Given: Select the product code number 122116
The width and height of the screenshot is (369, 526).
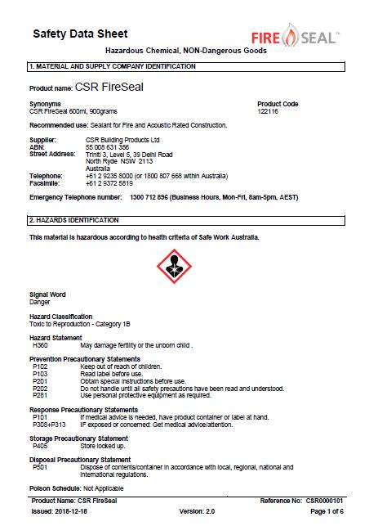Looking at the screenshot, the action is click(x=269, y=111).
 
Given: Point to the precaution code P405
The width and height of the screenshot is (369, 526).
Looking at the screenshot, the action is click(x=40, y=446).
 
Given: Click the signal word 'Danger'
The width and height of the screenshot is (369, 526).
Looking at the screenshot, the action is click(x=40, y=302).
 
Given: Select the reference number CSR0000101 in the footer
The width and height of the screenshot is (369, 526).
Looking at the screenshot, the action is click(x=325, y=500).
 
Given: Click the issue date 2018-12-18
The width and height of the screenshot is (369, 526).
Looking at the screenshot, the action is click(x=77, y=510).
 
